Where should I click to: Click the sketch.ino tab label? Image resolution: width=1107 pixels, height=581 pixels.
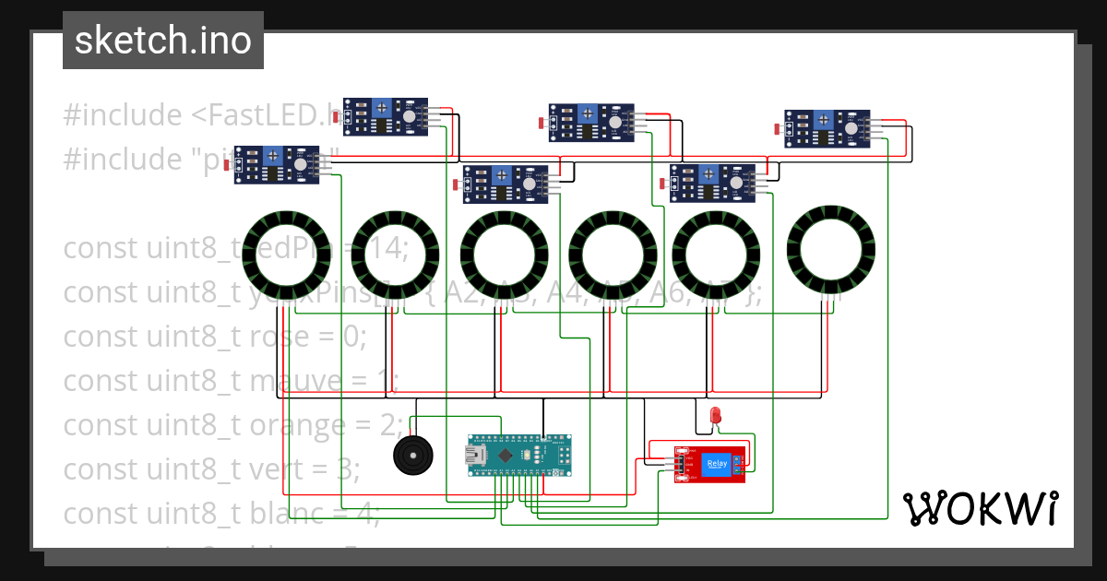162,41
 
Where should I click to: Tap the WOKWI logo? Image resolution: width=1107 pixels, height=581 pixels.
980,508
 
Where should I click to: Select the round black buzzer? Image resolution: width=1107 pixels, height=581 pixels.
411,454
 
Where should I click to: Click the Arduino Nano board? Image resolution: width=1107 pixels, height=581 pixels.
519,456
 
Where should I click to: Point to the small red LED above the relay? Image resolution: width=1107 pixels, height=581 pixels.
715,416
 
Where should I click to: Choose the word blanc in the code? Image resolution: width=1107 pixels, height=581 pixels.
288,514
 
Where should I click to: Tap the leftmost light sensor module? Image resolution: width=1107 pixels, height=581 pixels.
277,164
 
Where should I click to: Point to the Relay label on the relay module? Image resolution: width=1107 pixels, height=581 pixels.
717,464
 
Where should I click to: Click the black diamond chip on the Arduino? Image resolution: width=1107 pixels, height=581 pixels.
506,456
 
